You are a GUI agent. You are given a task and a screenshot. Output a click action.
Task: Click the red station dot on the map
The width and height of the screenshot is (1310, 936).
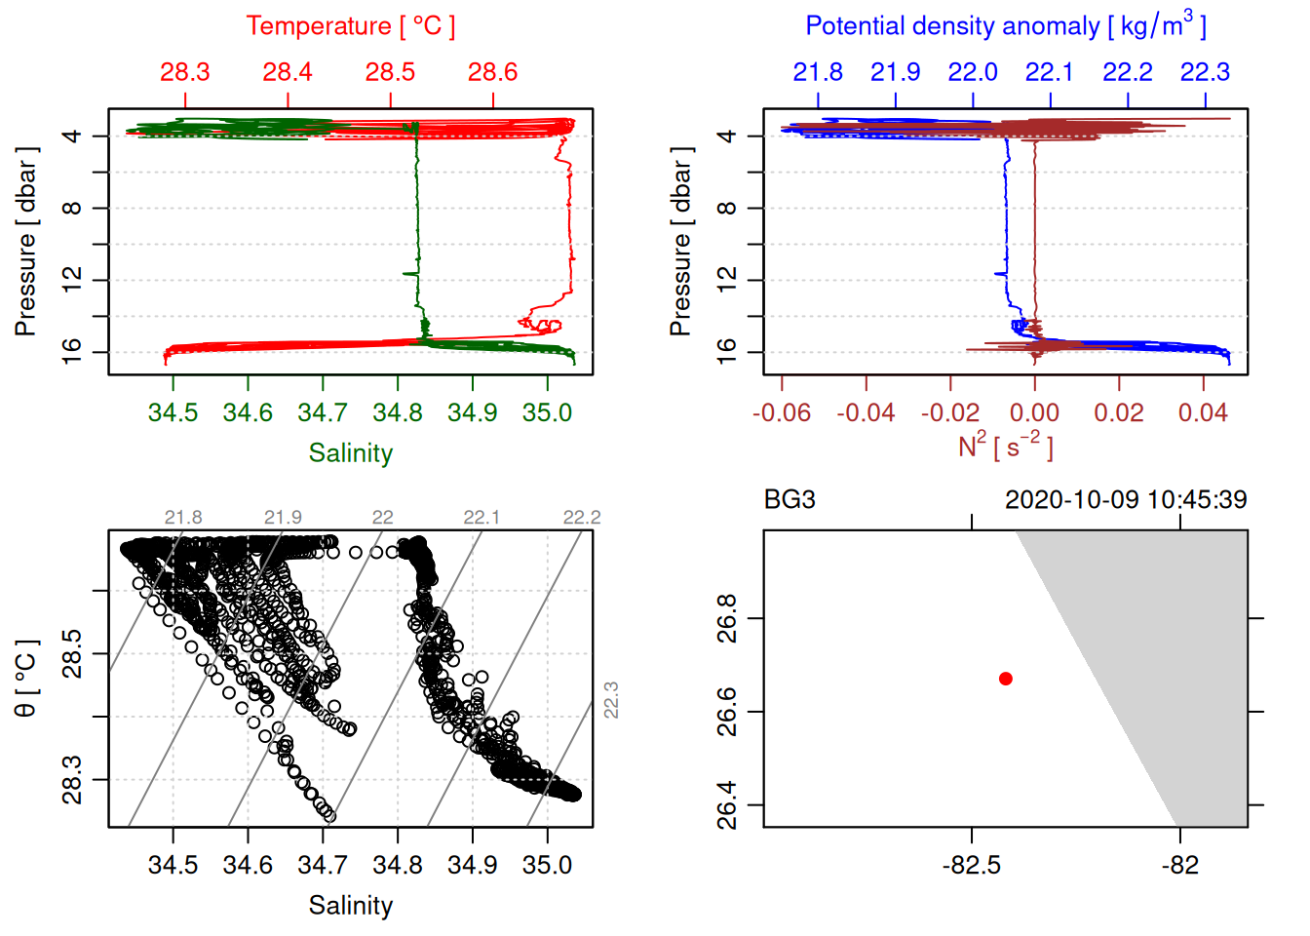(x=1005, y=678)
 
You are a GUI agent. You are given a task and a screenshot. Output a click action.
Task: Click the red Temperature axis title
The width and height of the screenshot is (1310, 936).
(x=350, y=26)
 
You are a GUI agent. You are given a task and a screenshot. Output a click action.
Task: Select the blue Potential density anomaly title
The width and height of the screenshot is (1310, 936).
(x=1005, y=25)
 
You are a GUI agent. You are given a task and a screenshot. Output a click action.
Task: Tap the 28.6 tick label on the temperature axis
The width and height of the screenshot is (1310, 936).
(x=492, y=72)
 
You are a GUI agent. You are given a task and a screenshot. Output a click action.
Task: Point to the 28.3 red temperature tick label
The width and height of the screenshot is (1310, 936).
(x=185, y=72)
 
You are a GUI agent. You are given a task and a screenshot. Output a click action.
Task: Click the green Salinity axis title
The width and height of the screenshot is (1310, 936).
(x=350, y=453)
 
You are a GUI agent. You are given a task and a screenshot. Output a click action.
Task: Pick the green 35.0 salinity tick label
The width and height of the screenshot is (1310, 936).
(x=547, y=413)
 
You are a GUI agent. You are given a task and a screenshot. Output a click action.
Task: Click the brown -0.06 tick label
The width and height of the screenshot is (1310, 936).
(x=781, y=413)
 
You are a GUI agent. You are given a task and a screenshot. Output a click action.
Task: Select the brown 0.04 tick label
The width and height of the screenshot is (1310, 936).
(x=1203, y=413)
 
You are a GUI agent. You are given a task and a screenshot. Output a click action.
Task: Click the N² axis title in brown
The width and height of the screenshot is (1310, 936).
(x=1005, y=448)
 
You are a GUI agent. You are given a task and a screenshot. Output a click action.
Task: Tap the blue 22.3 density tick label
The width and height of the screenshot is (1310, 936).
(x=1205, y=72)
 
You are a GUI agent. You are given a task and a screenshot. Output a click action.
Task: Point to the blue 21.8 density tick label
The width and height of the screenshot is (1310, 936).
(x=817, y=72)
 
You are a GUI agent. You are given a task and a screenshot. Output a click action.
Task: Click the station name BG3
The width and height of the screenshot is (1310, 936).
(x=790, y=500)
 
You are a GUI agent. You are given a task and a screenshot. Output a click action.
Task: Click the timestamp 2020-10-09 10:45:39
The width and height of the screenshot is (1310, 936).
(x=1126, y=500)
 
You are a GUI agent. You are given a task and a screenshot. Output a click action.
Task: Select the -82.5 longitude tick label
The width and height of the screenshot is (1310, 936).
(x=971, y=866)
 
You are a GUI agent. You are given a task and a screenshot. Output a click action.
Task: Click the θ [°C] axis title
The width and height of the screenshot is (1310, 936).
(x=26, y=679)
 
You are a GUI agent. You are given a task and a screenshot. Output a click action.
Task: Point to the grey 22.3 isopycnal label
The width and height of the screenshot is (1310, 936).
(x=611, y=700)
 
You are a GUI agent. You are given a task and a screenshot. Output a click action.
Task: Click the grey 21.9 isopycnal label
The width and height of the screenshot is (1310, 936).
(x=283, y=518)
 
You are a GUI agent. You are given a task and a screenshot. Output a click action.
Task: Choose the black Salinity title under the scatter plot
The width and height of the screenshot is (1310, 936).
(x=350, y=906)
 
